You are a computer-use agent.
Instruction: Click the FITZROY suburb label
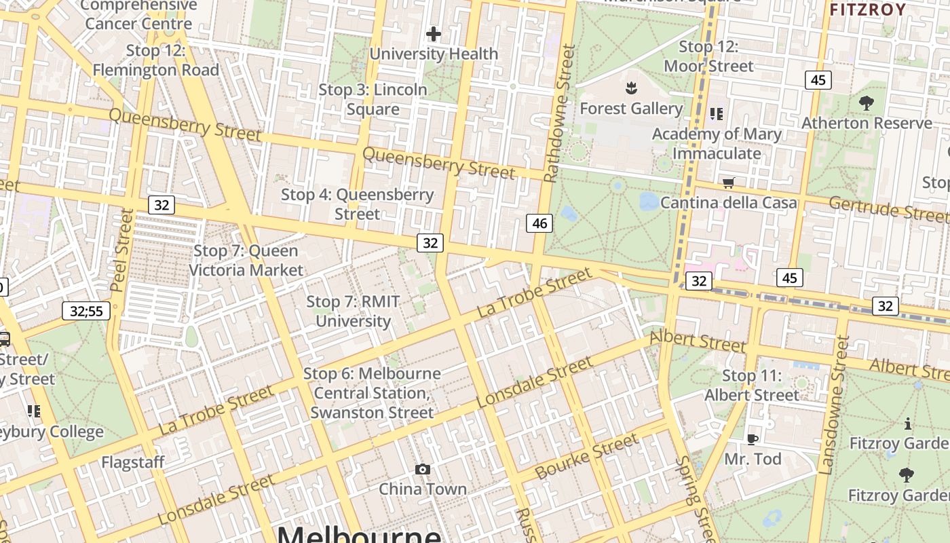tap(867, 10)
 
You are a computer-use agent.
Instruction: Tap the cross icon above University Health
tap(434, 34)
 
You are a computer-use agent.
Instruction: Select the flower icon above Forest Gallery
tap(631, 88)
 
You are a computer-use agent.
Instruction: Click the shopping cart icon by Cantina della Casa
tap(729, 182)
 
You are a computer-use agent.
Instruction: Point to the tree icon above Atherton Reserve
tap(866, 103)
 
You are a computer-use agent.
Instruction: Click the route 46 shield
tap(539, 223)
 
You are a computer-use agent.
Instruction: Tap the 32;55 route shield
tap(86, 311)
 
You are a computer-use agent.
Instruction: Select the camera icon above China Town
tap(423, 469)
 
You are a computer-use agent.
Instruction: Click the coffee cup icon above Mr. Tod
tap(752, 439)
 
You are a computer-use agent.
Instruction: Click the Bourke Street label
tap(587, 456)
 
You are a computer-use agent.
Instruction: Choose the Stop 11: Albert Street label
tap(752, 385)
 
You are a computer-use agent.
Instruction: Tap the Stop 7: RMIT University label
tap(353, 312)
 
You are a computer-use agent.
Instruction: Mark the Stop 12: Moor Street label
tap(708, 56)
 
